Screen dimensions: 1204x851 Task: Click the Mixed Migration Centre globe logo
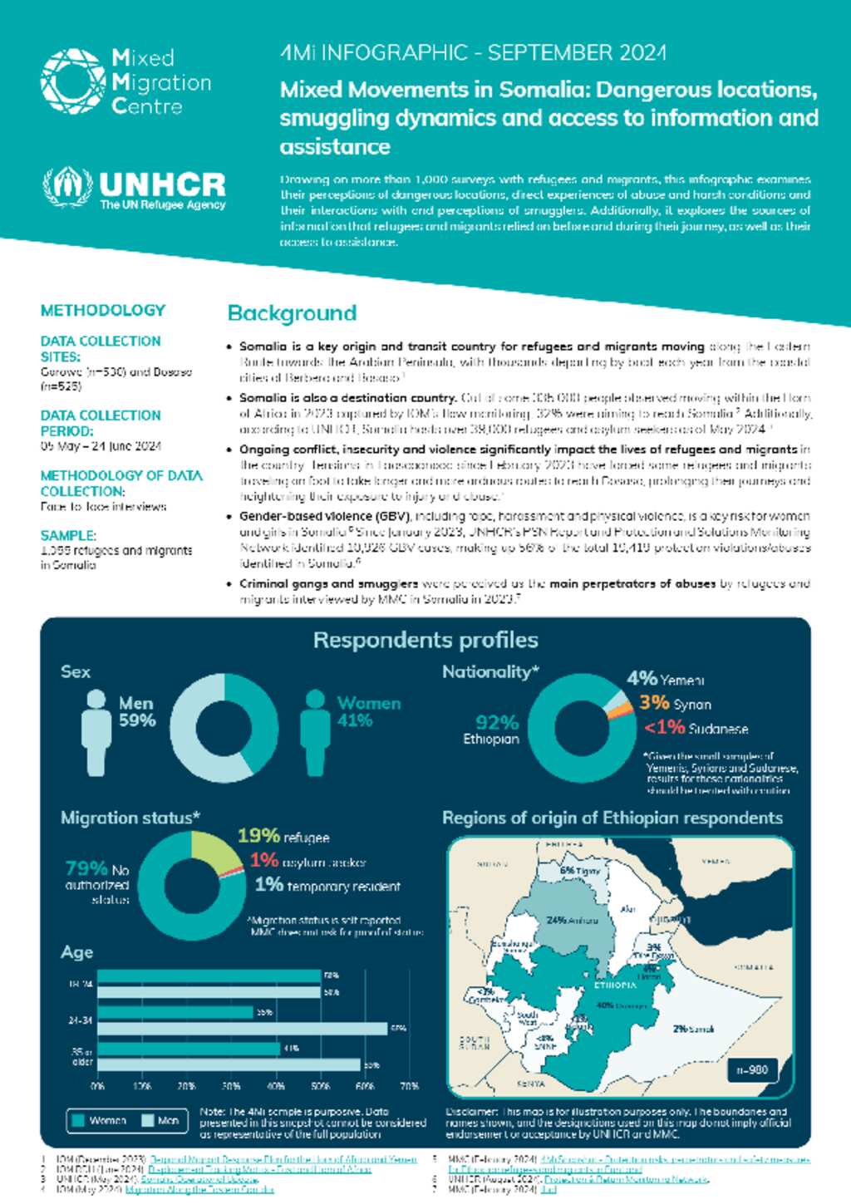coord(72,81)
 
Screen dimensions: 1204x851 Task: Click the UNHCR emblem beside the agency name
coord(67,187)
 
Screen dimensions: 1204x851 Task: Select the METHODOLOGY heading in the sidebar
coord(103,310)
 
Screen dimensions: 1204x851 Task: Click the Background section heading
coord(292,313)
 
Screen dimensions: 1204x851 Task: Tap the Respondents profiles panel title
coord(425,640)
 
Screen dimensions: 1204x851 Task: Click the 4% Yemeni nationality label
coord(665,679)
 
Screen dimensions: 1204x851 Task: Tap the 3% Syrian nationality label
coord(675,703)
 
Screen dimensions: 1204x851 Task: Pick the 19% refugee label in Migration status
coord(283,836)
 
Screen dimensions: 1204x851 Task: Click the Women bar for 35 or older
coord(188,1049)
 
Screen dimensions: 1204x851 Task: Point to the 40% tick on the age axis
coord(275,1086)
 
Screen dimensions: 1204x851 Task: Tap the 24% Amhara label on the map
coord(572,920)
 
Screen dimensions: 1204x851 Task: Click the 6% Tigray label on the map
coord(579,871)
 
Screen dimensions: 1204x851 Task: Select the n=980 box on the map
coord(752,1069)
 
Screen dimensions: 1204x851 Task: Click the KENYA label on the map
coord(530,1084)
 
